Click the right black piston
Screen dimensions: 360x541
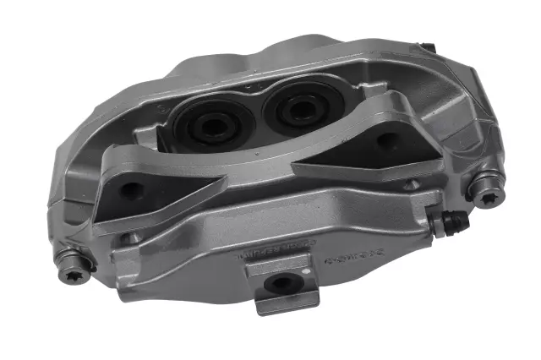pyautogui.click(x=295, y=108)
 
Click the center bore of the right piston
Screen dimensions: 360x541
pyautogui.click(x=297, y=109)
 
